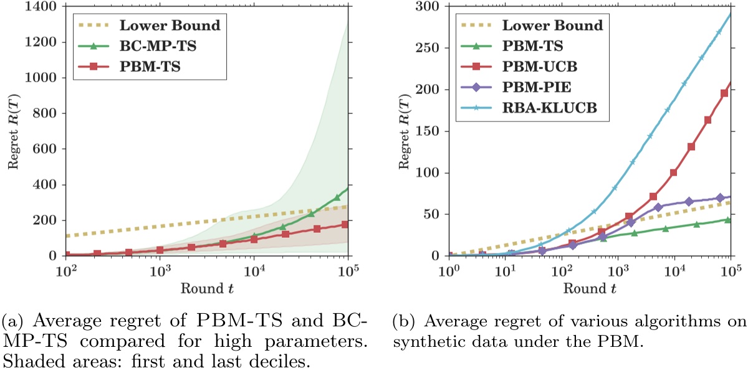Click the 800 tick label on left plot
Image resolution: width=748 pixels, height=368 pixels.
point(46,113)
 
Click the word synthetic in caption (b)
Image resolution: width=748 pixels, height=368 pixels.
point(423,339)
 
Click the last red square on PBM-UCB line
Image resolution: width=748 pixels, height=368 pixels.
point(724,93)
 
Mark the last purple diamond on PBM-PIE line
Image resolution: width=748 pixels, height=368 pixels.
point(720,198)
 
